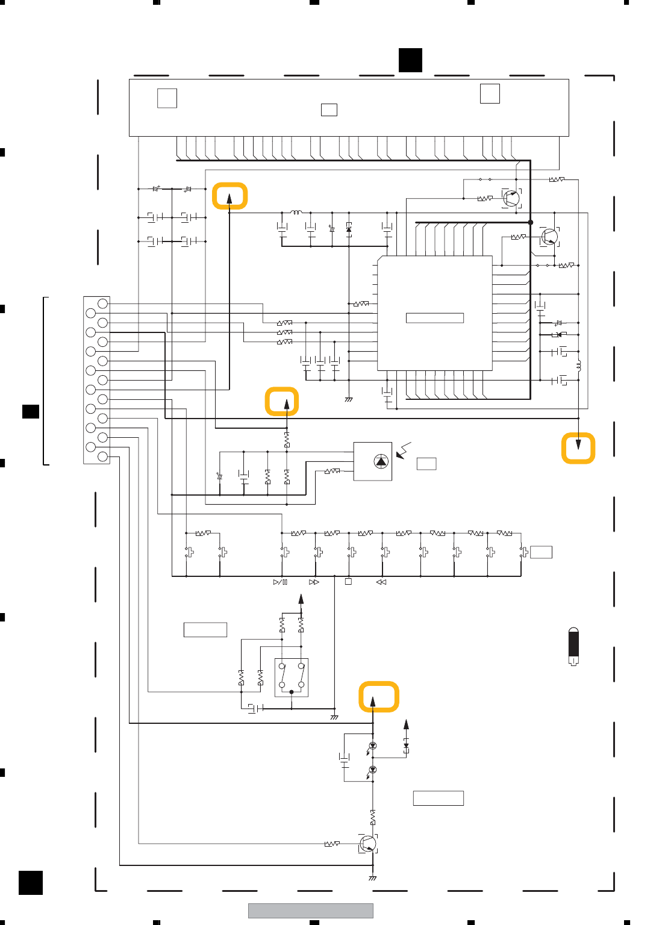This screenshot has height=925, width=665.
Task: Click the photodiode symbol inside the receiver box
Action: (381, 461)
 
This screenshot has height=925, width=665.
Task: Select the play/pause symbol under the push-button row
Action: (281, 582)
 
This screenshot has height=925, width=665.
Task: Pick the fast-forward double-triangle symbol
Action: (314, 582)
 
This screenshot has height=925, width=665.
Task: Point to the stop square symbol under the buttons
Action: (348, 582)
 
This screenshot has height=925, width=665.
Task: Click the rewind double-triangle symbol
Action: (381, 582)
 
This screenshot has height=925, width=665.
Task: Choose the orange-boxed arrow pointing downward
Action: (578, 448)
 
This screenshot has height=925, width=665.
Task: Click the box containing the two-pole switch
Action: (292, 677)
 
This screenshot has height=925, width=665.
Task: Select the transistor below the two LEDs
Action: (367, 844)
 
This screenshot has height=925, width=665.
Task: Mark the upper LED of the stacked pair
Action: (372, 746)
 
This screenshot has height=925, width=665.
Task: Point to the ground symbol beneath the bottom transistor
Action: (373, 878)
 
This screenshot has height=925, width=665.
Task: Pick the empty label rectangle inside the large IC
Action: (434, 318)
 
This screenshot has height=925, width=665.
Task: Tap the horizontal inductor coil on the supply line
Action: (296, 212)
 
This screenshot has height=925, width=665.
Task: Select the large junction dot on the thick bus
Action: (531, 222)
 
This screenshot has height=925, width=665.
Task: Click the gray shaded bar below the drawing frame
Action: (310, 911)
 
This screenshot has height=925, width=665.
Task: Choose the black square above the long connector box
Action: (410, 60)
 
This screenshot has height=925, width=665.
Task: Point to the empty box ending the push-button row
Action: (541, 552)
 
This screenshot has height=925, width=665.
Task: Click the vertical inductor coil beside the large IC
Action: (579, 365)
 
